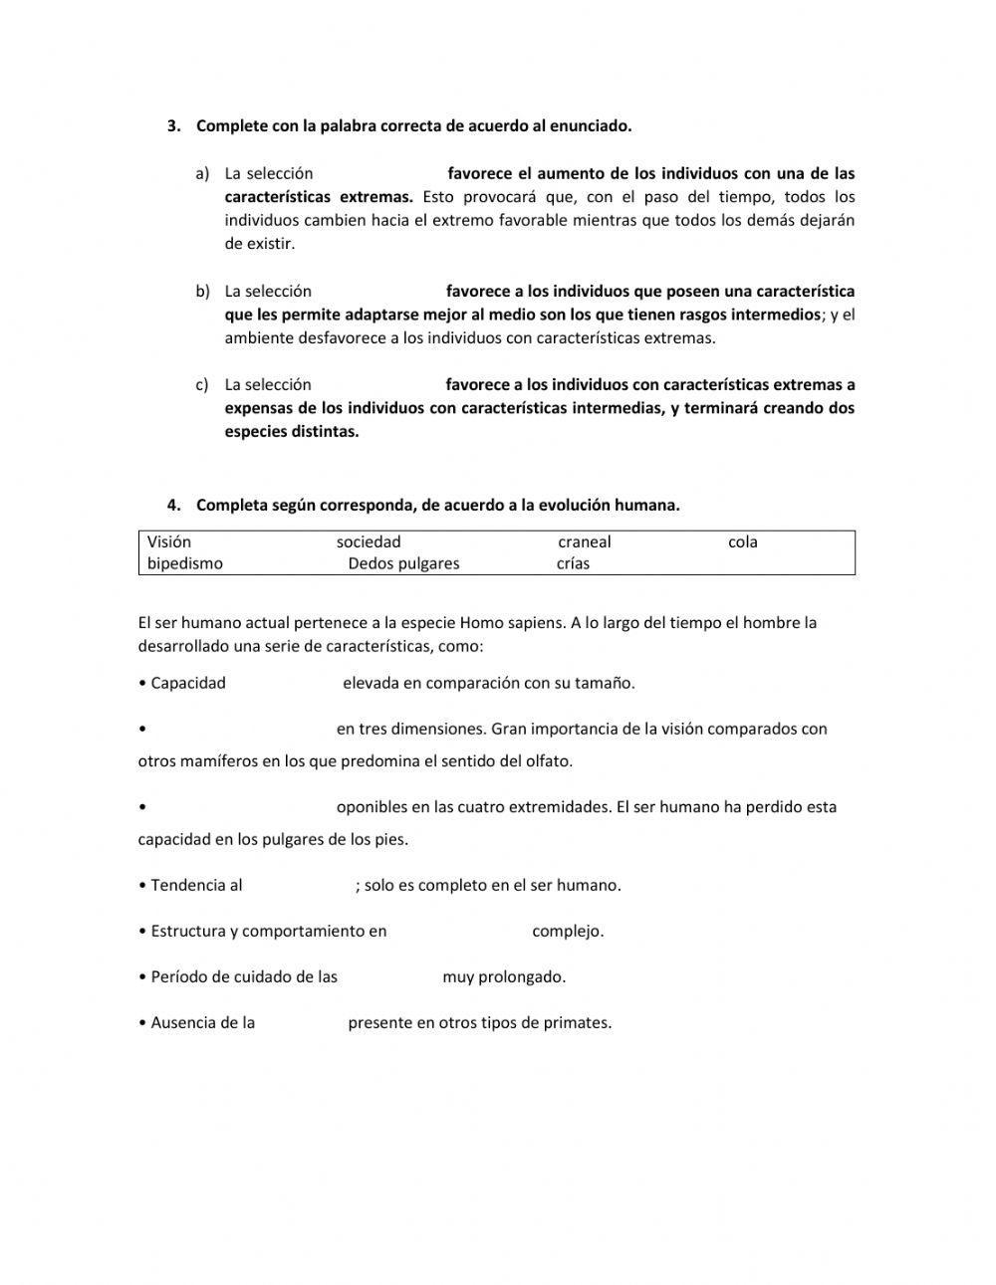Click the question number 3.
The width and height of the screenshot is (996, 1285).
pyautogui.click(x=173, y=126)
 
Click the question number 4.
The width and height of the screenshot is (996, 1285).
pyautogui.click(x=173, y=506)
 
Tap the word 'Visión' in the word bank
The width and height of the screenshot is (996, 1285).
pyautogui.click(x=169, y=542)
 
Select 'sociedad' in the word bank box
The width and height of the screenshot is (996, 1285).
pyautogui.click(x=369, y=542)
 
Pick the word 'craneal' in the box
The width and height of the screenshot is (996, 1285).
pyautogui.click(x=585, y=542)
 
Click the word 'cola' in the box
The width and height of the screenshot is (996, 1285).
pyautogui.click(x=743, y=542)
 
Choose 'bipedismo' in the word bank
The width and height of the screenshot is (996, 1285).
pyautogui.click(x=185, y=564)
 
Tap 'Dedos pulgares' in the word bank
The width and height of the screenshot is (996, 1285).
pyautogui.click(x=403, y=564)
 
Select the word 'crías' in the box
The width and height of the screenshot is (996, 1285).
pyautogui.click(x=574, y=564)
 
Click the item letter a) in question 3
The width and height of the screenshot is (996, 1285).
pyautogui.click(x=202, y=174)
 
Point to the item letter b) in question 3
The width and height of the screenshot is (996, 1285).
pyautogui.click(x=202, y=292)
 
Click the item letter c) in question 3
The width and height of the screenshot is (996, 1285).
pyautogui.click(x=202, y=385)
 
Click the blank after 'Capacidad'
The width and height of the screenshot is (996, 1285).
pyautogui.click(x=284, y=684)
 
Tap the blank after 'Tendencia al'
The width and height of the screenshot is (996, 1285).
pyautogui.click(x=298, y=886)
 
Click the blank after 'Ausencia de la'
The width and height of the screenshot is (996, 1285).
pyautogui.click(x=301, y=1023)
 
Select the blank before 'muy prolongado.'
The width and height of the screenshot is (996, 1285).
pyautogui.click(x=389, y=977)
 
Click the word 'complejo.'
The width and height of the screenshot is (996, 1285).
pyautogui.click(x=568, y=932)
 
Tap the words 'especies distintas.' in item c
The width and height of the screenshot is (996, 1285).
pyautogui.click(x=291, y=432)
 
